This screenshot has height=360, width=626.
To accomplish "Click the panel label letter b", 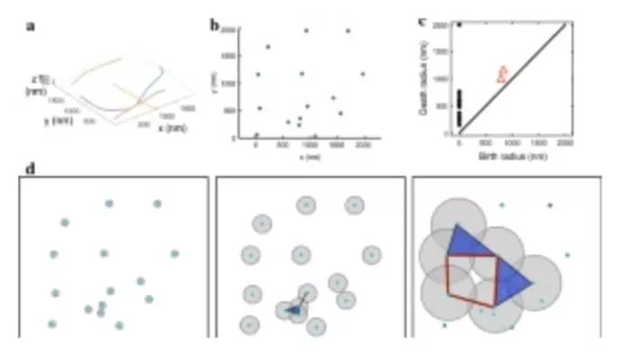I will (x=215, y=24).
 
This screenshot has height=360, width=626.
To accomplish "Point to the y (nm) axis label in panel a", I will (x=53, y=119).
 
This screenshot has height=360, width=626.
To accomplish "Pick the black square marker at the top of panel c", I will (x=459, y=24).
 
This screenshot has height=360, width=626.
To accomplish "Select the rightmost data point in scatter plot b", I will (x=363, y=74).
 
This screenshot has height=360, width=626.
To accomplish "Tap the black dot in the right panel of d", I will (x=549, y=205).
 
